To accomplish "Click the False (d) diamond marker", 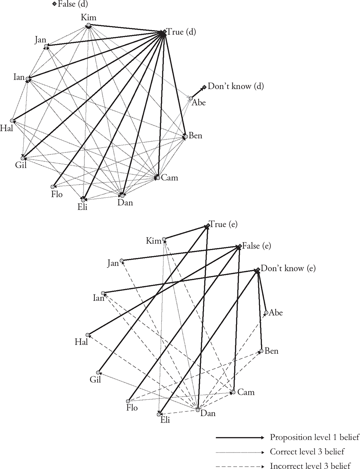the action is point(54,4).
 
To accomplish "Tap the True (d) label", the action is point(181,32).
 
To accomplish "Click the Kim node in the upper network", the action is point(88,26).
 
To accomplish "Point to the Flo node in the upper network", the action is point(53,187).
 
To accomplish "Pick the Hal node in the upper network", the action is point(12,120).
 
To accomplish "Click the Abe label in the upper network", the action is point(199,102).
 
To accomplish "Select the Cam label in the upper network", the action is point(169,178).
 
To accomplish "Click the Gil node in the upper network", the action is point(23,158).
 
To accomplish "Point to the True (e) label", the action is point(223,224).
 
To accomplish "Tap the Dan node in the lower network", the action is point(197,410).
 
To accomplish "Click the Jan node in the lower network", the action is point(122,261).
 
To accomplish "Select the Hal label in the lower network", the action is point(81,342).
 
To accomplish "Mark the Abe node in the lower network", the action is point(266,313).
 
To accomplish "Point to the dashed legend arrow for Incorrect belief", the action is point(240,466).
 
